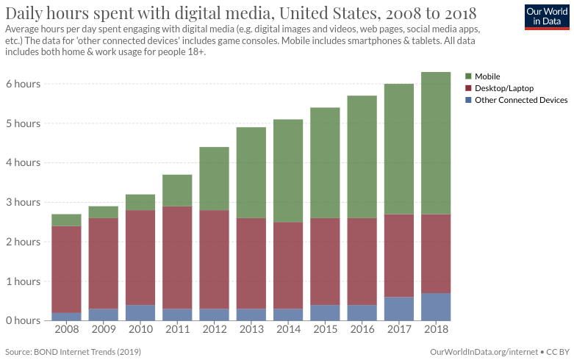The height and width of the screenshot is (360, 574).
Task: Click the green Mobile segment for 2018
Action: (x=435, y=143)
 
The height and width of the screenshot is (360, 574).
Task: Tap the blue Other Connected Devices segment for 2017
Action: (x=398, y=309)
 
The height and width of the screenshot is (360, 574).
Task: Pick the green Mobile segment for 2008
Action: (x=66, y=220)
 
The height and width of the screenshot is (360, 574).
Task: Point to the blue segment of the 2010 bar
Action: (x=140, y=312)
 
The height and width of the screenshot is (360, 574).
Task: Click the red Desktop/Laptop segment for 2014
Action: (x=287, y=265)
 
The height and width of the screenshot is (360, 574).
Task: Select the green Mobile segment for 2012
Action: (x=214, y=179)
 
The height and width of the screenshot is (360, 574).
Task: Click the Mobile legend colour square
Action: (x=469, y=76)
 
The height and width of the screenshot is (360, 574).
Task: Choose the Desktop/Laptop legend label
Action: (x=504, y=88)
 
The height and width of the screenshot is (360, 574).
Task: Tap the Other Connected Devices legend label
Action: (x=521, y=100)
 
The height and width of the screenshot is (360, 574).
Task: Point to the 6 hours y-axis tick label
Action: (x=23, y=84)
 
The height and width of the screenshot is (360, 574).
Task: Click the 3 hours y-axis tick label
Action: (x=23, y=202)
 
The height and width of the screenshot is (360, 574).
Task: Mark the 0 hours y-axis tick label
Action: (x=23, y=320)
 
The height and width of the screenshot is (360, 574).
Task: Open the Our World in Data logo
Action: (x=548, y=16)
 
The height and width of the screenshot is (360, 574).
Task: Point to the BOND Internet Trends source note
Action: (x=73, y=352)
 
